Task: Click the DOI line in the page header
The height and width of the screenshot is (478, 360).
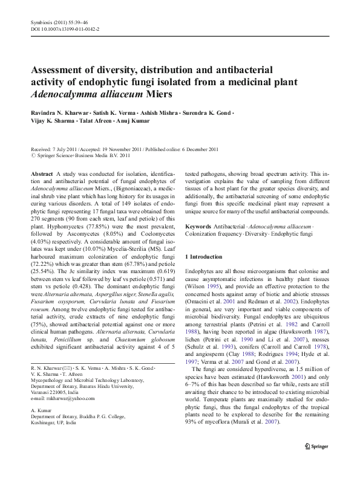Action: [x=65, y=28]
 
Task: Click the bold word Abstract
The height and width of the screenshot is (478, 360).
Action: [x=41, y=173]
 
